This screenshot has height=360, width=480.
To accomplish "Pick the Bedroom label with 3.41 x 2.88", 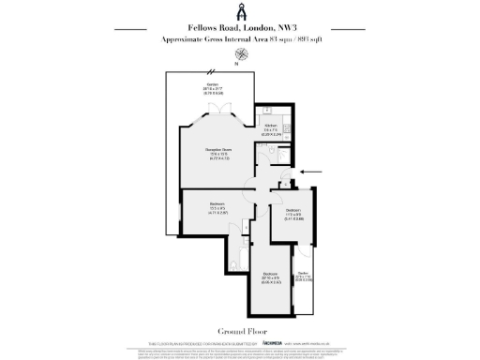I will [x=292, y=209].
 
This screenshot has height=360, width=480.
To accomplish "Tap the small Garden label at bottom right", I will [x=303, y=274].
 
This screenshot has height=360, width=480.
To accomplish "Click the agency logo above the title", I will [x=239, y=12].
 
